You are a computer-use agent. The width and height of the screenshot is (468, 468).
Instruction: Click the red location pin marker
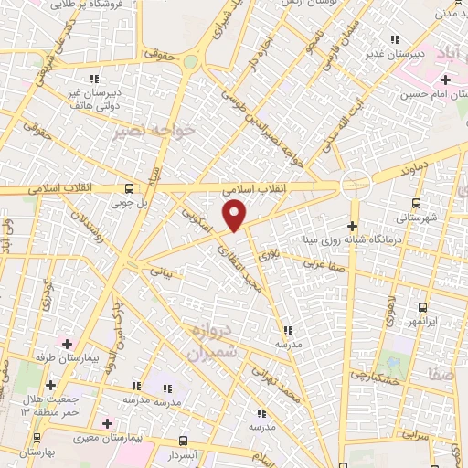pos(235,216)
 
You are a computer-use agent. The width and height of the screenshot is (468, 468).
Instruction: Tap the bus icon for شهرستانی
pos(417,204)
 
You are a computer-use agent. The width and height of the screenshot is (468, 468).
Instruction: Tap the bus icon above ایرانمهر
pos(422,308)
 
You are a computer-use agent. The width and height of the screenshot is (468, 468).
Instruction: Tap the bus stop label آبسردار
pos(183,454)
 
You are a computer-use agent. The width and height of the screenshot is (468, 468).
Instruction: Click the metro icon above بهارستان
pos(27,438)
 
